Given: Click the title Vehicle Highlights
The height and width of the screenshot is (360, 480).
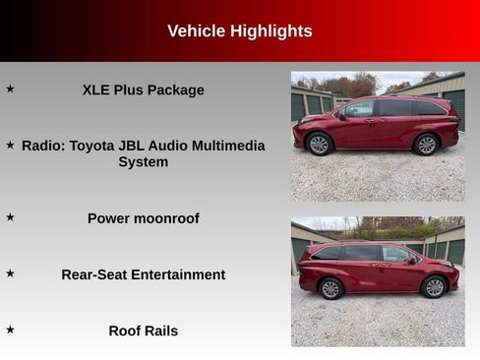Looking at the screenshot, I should tap(239, 31).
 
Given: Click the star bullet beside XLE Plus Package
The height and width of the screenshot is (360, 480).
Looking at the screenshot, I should tap(11, 89).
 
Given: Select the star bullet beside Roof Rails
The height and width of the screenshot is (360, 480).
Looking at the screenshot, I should tap(11, 330).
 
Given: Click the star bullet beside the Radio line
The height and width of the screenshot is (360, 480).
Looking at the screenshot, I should tap(11, 145).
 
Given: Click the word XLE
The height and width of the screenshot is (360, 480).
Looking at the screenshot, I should tap(99, 90).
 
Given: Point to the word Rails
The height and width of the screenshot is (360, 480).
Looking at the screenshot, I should tap(159, 330).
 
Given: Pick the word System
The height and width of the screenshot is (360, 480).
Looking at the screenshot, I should tap(143, 161).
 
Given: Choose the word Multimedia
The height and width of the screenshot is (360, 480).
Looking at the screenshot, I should tap(225, 146).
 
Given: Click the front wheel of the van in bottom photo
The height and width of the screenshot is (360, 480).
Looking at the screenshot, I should tap(434, 287).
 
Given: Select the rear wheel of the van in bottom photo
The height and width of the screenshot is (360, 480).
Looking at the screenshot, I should tap(330, 288).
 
